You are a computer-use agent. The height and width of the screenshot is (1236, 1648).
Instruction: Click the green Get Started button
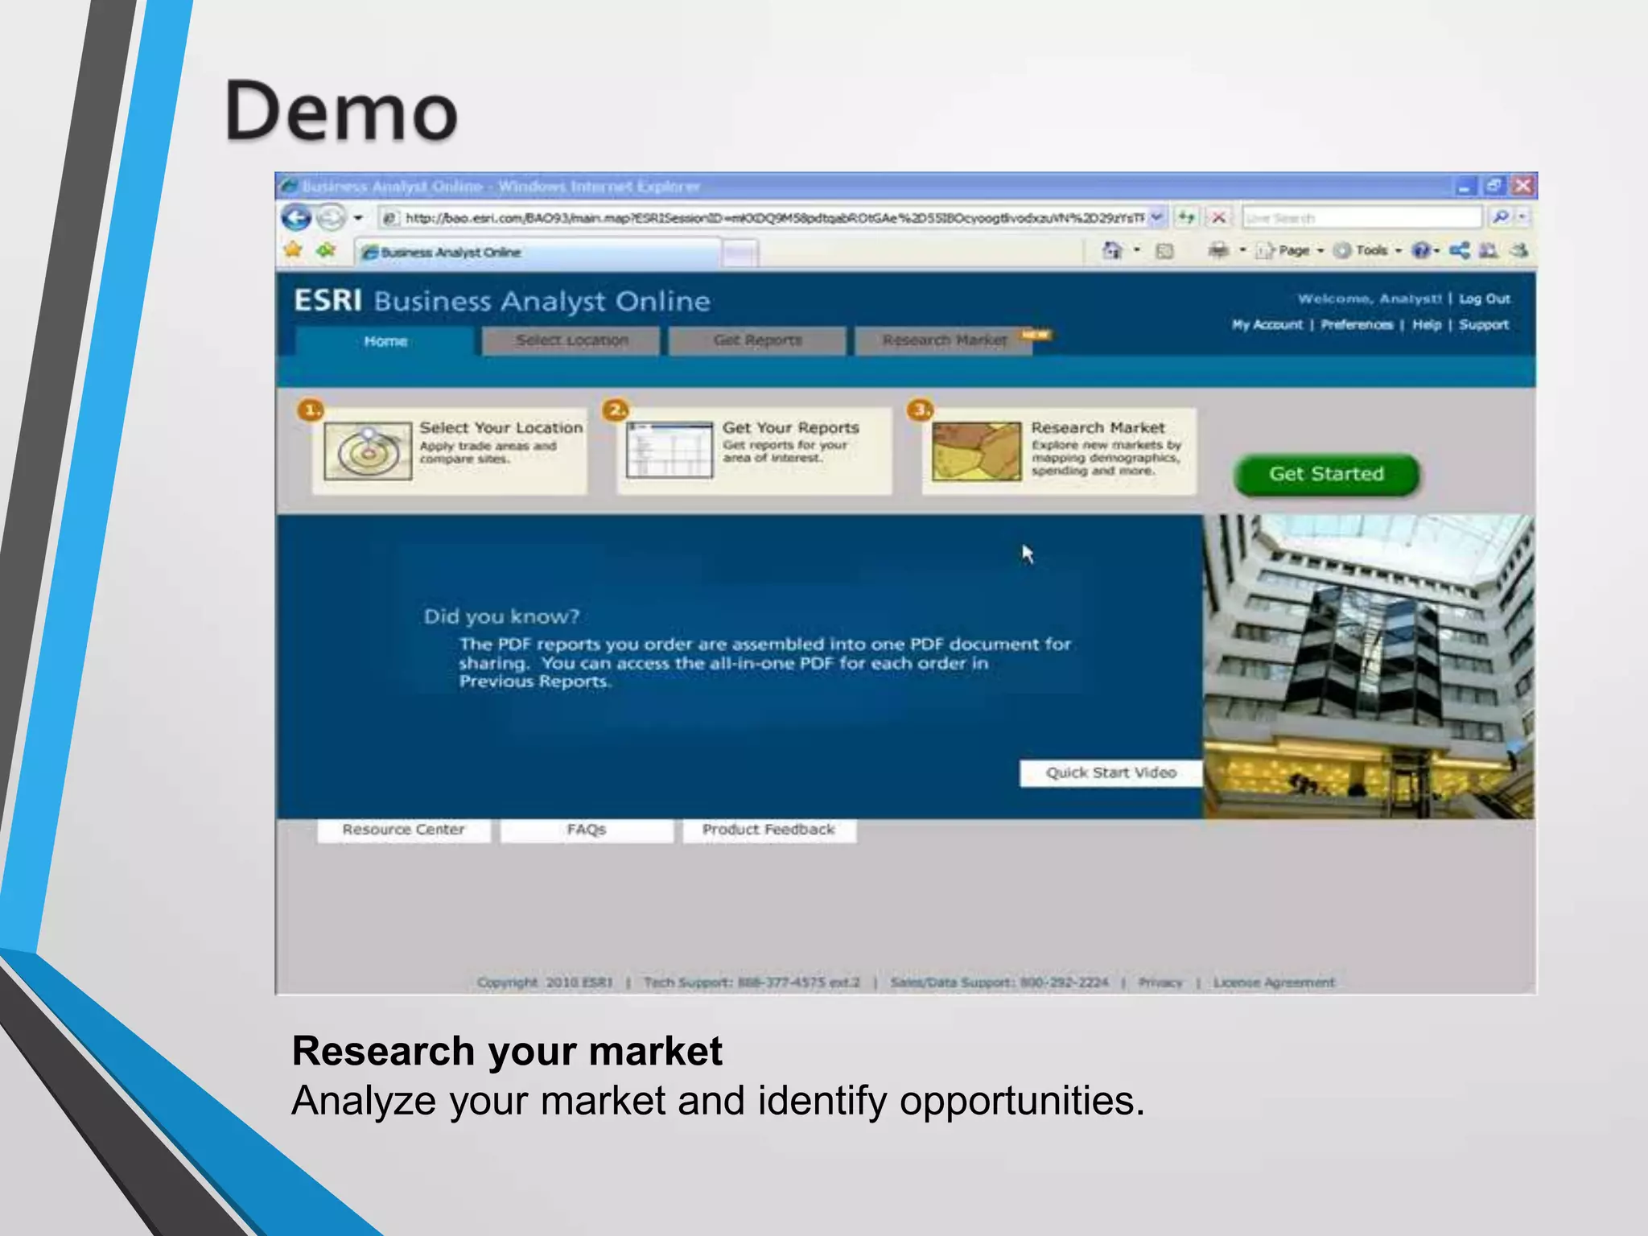click(x=1326, y=474)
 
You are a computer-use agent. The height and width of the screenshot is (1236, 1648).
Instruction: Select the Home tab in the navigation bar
click(x=385, y=341)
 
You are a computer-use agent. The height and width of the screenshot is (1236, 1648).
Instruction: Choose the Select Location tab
click(x=571, y=340)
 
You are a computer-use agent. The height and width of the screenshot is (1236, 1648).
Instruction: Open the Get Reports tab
click(x=757, y=340)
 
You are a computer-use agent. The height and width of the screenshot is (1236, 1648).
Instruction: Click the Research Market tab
click(x=944, y=340)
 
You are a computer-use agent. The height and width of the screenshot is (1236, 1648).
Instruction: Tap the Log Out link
click(x=1485, y=299)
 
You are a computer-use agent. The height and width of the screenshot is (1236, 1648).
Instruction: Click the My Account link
click(x=1267, y=324)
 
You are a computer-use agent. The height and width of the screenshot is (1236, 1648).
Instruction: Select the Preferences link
click(x=1357, y=324)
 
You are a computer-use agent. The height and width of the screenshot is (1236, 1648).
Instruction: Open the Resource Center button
click(x=403, y=830)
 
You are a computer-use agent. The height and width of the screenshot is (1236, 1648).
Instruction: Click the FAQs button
click(x=586, y=830)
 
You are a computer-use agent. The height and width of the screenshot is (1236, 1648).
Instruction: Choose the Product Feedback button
click(x=768, y=830)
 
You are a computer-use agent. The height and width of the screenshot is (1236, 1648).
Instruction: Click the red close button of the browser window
click(x=1522, y=186)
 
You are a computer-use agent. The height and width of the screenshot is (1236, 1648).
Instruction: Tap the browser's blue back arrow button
click(x=296, y=217)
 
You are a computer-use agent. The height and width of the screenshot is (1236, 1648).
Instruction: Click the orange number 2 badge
click(x=616, y=410)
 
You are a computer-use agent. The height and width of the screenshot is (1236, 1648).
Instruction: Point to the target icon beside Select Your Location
click(x=368, y=451)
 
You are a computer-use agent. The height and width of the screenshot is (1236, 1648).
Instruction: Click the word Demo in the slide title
click(x=342, y=111)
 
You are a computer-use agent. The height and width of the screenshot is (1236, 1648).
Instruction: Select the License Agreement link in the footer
click(x=1274, y=983)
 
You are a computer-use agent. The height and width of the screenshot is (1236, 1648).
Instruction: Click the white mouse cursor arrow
click(x=1028, y=554)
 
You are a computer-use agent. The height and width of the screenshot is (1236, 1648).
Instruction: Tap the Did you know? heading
click(x=501, y=616)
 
